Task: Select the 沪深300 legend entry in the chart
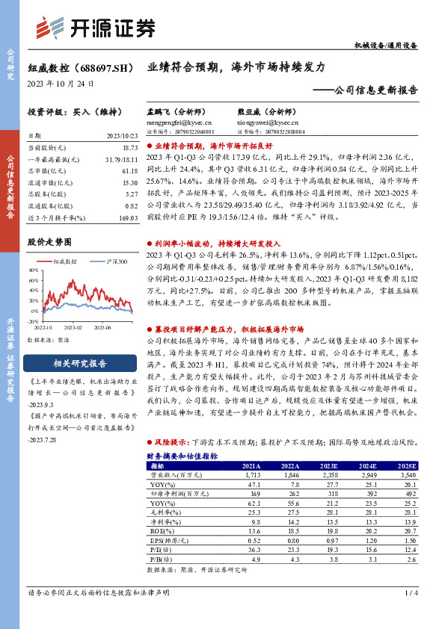click(114, 261)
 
